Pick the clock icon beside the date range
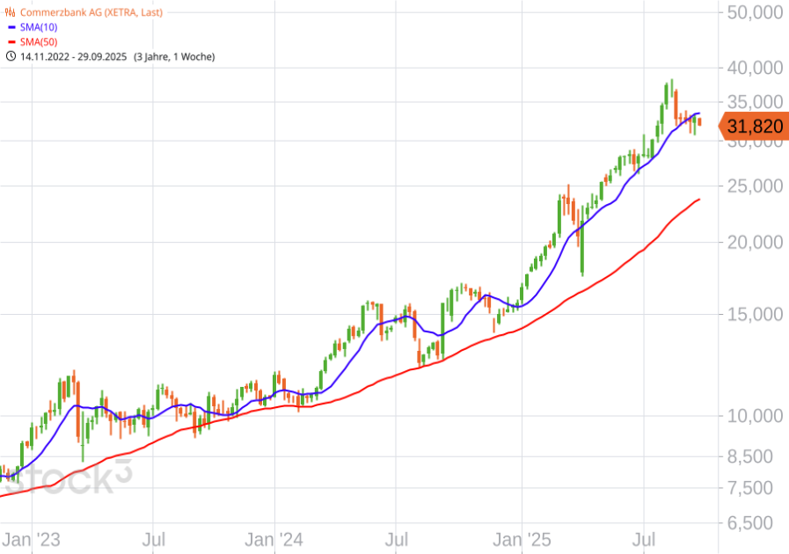(x=11, y=56)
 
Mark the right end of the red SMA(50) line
(x=699, y=200)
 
